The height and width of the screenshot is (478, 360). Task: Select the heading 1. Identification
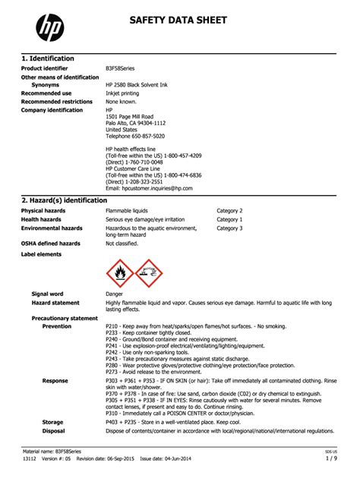click(47, 58)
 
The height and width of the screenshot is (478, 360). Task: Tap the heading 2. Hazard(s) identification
click(65, 200)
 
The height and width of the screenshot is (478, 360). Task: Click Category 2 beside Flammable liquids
click(229, 210)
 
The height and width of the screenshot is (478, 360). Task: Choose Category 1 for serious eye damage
click(229, 219)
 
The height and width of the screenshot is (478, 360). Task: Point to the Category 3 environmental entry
click(229, 228)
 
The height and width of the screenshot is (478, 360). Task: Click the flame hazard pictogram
click(120, 272)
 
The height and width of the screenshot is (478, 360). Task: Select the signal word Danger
click(115, 294)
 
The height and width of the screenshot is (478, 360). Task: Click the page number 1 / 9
click(331, 459)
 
